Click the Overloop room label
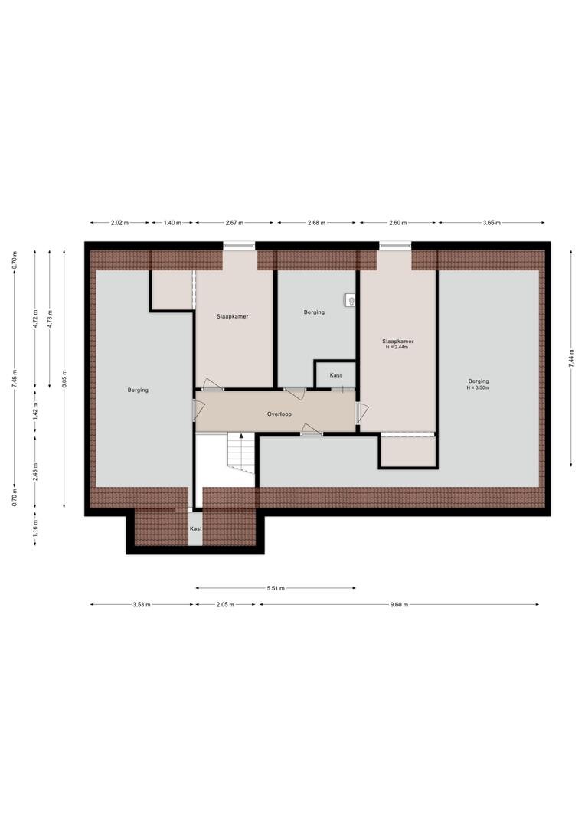point(279,414)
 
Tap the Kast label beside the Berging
point(335,375)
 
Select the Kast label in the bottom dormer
point(196,528)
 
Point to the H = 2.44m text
point(397,347)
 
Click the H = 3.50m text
point(478,387)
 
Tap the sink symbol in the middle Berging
point(351,300)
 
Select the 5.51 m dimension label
point(276,587)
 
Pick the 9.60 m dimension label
point(399,604)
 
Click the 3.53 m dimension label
point(142,604)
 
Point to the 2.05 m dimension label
point(225,604)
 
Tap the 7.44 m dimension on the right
point(571,358)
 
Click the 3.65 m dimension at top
point(492,223)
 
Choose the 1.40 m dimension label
point(172,223)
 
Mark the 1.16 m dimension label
point(34,528)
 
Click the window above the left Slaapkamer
point(239,245)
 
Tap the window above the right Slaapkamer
point(395,245)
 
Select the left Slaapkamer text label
point(233,316)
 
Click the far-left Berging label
point(138,391)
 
